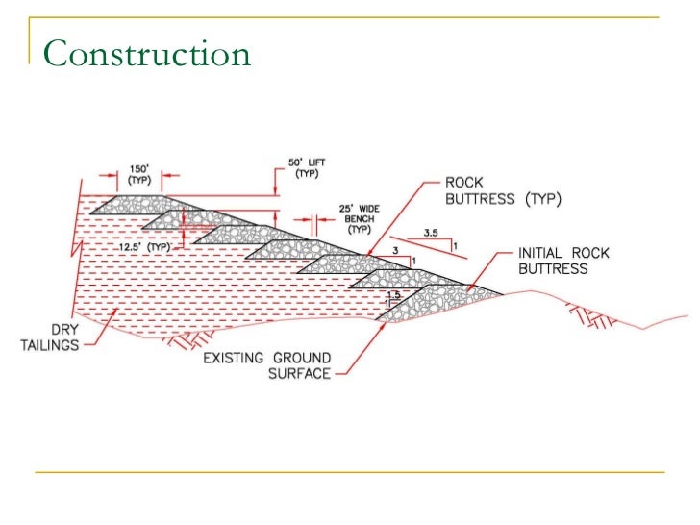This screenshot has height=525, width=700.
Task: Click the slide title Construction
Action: [x=146, y=53]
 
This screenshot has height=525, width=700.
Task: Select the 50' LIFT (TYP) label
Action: [x=307, y=169]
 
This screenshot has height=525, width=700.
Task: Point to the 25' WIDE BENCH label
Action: [x=359, y=219]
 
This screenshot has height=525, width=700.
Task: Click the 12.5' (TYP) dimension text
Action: [x=144, y=246]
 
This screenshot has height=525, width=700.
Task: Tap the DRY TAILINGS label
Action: [x=50, y=337]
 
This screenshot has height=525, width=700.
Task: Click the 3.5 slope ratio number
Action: [x=430, y=233]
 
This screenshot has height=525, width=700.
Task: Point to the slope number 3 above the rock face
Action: [x=395, y=249]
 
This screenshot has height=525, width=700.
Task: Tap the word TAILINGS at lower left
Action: [x=50, y=345]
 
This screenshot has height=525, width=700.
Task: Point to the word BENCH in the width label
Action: [x=360, y=219]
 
